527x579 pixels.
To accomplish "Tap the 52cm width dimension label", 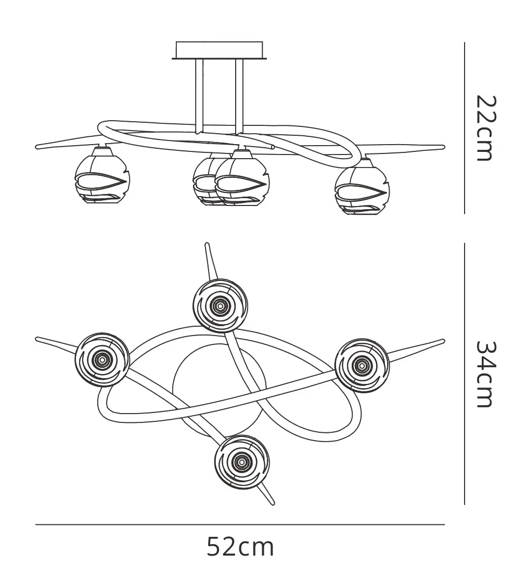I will [x=240, y=547].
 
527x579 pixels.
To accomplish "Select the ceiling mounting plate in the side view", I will [x=220, y=51].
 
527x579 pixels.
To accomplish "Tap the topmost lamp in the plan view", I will [x=220, y=306].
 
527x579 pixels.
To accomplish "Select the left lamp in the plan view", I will [x=101, y=358].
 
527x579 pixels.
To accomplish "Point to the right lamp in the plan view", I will [x=361, y=366].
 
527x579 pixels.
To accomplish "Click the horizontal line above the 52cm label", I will [x=240, y=525].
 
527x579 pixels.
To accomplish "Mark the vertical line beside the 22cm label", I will [x=464, y=128].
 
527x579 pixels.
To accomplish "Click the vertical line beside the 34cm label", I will [x=464, y=374].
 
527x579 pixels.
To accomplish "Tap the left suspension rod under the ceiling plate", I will [x=199, y=96].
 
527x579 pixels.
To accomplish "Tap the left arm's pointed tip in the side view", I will [x=36, y=147].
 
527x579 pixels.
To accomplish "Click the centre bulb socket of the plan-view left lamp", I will [x=101, y=358].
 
